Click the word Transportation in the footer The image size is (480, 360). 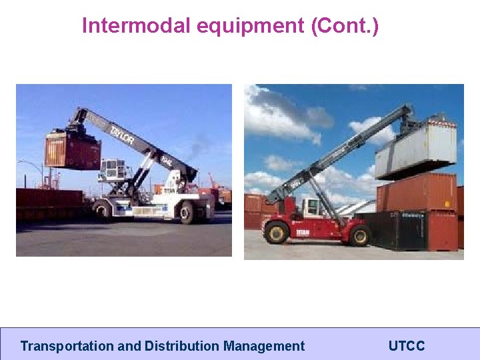point(67,346)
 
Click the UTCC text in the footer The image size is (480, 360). point(406,346)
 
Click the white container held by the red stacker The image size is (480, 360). point(415,151)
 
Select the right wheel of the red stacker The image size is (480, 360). point(360,234)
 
